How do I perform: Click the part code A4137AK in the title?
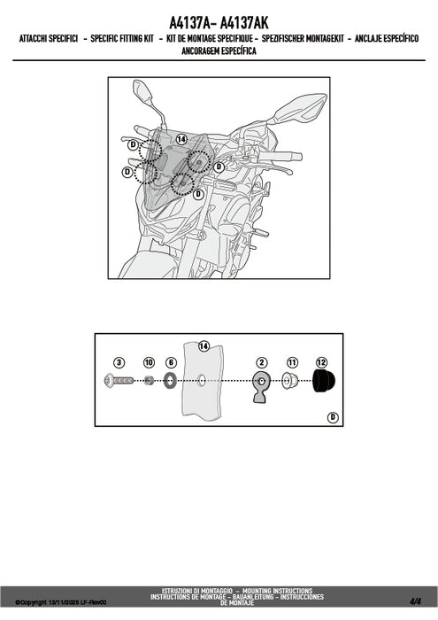[243, 23]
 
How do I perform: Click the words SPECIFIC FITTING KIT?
[122, 38]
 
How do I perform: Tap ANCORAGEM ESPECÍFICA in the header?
[219, 51]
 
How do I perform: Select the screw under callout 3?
[119, 381]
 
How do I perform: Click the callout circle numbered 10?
[149, 362]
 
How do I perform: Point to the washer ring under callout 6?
[171, 381]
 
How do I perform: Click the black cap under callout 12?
[324, 381]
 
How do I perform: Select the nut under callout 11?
[291, 382]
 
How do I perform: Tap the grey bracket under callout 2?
[261, 387]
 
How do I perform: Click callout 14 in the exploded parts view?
[204, 346]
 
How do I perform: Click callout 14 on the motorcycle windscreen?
[181, 140]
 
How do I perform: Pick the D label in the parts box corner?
[334, 417]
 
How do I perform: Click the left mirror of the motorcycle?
[142, 91]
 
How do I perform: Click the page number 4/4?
[415, 601]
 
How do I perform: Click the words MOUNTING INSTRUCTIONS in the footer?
[277, 591]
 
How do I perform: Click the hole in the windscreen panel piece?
[202, 381]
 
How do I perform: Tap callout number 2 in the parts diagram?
[261, 362]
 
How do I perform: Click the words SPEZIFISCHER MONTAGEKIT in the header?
[303, 38]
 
